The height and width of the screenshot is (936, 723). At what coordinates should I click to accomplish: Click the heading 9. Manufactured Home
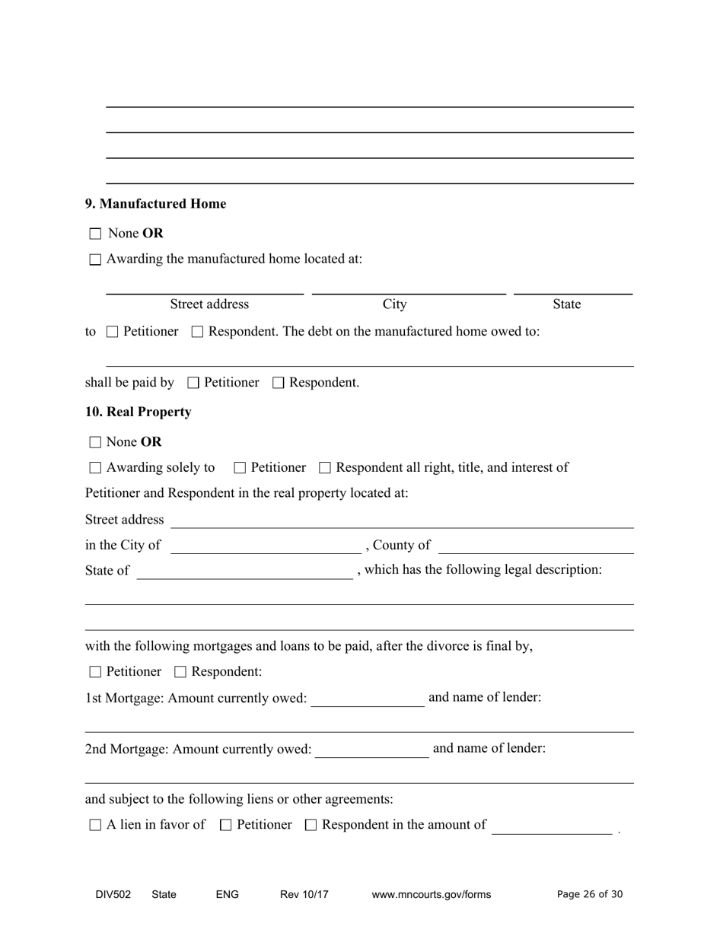click(155, 204)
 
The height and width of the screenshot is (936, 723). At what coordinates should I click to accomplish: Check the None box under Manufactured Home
click(95, 234)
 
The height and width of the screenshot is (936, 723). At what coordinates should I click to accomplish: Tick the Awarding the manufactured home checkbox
click(95, 259)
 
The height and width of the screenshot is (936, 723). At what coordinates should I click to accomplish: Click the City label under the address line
click(394, 304)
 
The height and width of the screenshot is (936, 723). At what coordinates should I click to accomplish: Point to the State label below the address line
click(566, 304)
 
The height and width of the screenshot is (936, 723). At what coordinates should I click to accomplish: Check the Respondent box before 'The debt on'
click(198, 332)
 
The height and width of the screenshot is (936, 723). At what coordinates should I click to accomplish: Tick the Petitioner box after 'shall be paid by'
click(193, 383)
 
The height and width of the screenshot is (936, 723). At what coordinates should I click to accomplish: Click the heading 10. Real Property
click(138, 412)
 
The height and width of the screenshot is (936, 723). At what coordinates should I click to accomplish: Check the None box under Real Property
click(95, 442)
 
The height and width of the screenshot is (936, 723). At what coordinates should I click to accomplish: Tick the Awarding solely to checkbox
click(95, 468)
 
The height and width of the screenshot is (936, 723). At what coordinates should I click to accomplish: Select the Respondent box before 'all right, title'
click(325, 468)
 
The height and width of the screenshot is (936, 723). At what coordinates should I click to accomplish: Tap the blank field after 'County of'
click(536, 546)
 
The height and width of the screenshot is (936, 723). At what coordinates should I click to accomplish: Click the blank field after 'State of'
click(244, 571)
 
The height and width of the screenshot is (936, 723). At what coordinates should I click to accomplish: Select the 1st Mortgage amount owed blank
click(368, 699)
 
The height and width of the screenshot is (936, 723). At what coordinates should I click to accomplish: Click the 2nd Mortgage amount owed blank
click(371, 750)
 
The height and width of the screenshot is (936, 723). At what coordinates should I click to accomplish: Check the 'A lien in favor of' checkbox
click(95, 825)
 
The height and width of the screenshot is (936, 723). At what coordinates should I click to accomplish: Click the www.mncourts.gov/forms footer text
click(431, 895)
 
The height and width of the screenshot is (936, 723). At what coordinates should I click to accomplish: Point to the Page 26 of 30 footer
click(590, 895)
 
